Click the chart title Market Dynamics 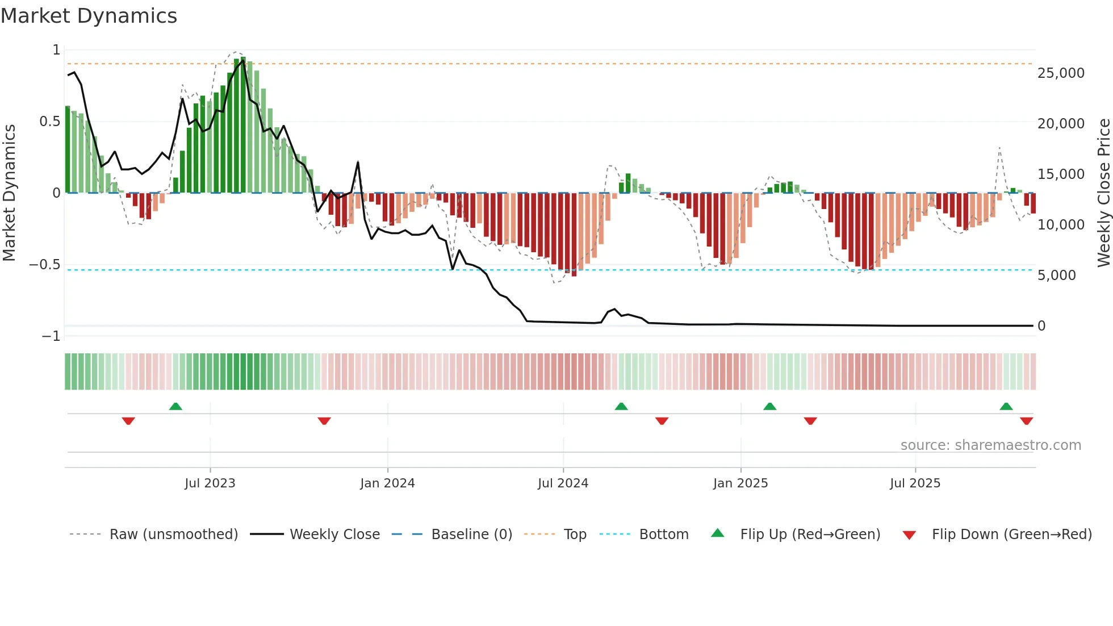pyautogui.click(x=89, y=16)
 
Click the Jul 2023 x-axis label pyautogui.click(x=210, y=483)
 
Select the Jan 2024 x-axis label pyautogui.click(x=387, y=483)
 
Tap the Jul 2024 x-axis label pyautogui.click(x=563, y=483)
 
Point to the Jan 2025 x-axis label pyautogui.click(x=740, y=483)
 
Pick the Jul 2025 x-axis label pyautogui.click(x=915, y=483)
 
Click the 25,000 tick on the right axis pyautogui.click(x=1061, y=73)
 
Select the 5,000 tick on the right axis pyautogui.click(x=1056, y=276)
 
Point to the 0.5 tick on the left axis pyautogui.click(x=49, y=122)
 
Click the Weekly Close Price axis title pyautogui.click(x=1103, y=193)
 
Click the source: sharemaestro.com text pyautogui.click(x=990, y=445)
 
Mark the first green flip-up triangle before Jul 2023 pyautogui.click(x=175, y=407)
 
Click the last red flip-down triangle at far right pyautogui.click(x=1026, y=421)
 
